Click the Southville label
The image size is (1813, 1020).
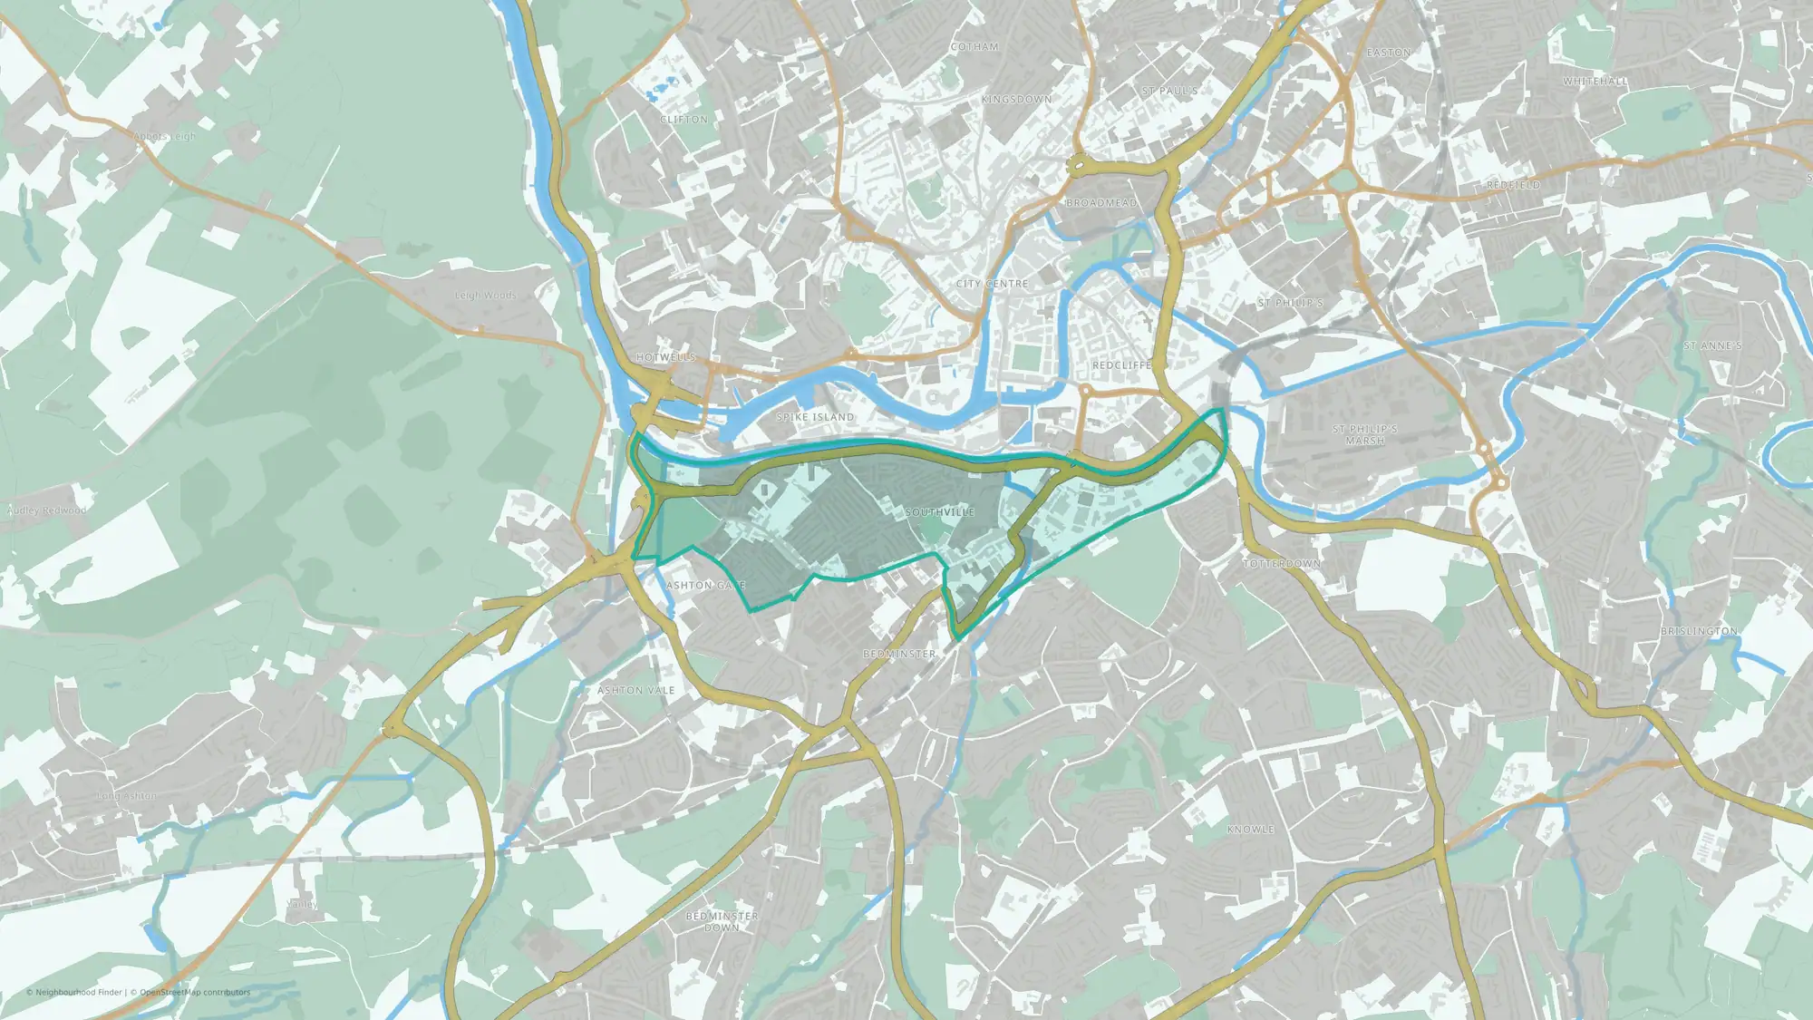point(939,512)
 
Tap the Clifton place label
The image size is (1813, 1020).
point(684,120)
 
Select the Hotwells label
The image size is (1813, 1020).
point(665,357)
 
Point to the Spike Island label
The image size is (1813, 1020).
point(815,417)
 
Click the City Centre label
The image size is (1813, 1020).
point(992,284)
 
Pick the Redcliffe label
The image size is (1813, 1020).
point(1121,365)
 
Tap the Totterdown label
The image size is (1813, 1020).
point(1281,564)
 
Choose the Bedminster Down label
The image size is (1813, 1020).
point(722,922)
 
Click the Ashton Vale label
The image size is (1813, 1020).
point(635,691)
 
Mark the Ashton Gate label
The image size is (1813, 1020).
point(705,586)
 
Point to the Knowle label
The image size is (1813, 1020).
point(1250,830)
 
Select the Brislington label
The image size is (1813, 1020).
point(1699,631)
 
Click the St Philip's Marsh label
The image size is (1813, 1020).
point(1364,434)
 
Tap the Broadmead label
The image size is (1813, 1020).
point(1100,203)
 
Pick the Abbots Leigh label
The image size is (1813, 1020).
point(164,137)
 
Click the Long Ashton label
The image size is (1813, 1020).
point(126,796)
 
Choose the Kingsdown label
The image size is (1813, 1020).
point(1016,100)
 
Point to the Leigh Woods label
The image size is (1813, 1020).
point(485,296)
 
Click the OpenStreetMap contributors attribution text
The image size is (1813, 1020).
point(195,992)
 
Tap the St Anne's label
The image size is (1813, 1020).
point(1712,346)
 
